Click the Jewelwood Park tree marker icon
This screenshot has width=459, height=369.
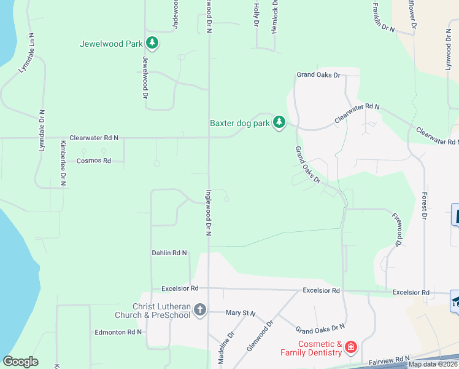tap(152, 44)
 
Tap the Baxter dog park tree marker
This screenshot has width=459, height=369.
tap(279, 122)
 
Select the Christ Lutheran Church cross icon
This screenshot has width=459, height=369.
tap(200, 309)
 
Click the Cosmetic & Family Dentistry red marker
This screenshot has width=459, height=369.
tap(350, 348)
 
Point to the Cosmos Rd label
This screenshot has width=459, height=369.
tap(93, 161)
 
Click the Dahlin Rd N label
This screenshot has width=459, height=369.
tap(169, 253)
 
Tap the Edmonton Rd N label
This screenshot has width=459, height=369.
tap(118, 332)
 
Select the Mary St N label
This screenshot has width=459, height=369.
tap(240, 313)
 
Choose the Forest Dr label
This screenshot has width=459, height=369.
tap(424, 205)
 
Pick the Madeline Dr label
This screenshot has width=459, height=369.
tap(226, 345)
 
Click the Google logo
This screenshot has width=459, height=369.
tap(20, 362)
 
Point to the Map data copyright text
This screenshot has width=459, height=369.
tap(433, 364)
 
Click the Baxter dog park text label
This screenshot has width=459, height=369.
tap(240, 123)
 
